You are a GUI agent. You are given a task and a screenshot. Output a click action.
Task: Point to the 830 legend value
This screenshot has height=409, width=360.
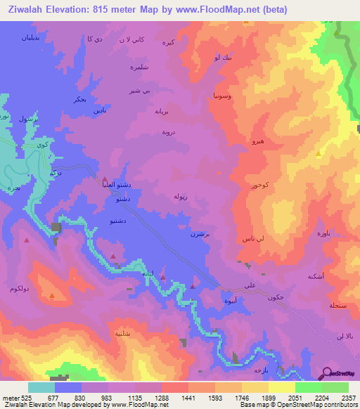(81, 396)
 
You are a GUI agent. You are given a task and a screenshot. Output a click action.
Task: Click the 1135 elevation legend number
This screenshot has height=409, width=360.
(134, 396)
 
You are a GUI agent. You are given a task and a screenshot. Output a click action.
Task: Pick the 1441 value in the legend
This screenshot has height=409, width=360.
(188, 396)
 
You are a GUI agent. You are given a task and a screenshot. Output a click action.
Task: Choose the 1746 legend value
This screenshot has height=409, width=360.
(242, 396)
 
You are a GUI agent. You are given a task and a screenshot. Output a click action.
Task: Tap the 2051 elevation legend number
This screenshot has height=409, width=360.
(295, 396)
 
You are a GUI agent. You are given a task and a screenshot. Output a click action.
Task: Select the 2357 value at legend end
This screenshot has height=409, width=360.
(348, 396)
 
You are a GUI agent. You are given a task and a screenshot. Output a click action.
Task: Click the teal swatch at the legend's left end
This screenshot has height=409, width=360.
(41, 387)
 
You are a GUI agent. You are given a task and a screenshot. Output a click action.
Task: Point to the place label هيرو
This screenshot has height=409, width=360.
(258, 141)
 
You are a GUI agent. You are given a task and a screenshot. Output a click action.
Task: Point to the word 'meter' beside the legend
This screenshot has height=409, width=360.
(11, 396)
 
